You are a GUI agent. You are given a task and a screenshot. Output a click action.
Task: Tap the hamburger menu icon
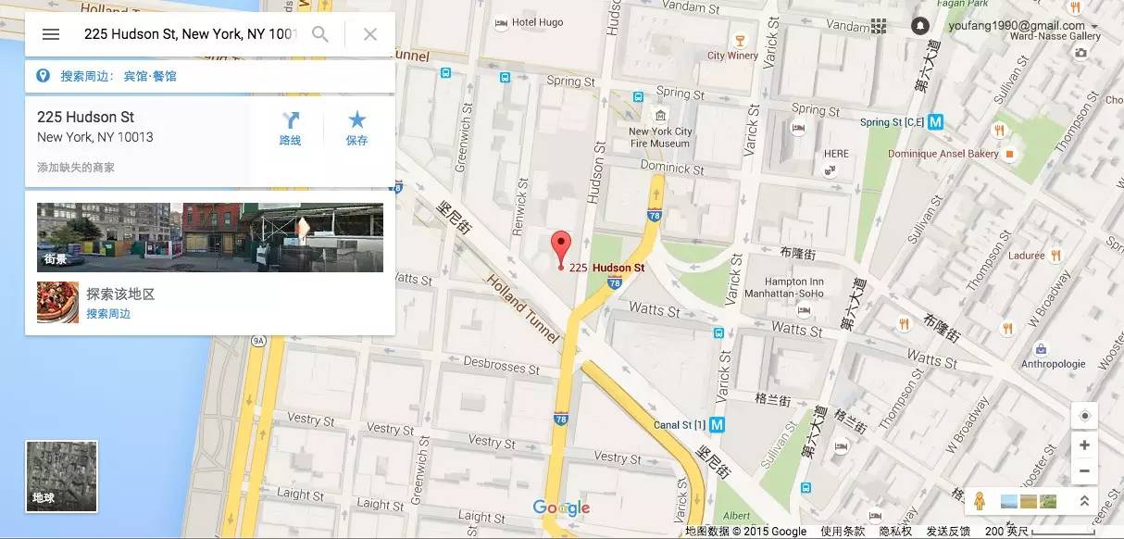click(x=51, y=34)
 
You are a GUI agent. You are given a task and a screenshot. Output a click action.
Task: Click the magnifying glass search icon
click(x=320, y=34)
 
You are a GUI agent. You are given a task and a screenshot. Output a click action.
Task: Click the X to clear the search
click(x=370, y=34)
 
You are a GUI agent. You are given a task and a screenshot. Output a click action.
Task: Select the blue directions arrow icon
click(x=291, y=120)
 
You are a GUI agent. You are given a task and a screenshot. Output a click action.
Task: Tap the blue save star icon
click(x=356, y=120)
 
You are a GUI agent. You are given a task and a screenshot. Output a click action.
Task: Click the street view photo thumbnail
click(x=209, y=237)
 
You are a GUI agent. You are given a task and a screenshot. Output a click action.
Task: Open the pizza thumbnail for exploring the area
click(x=57, y=302)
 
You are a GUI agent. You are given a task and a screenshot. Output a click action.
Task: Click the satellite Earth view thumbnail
click(x=62, y=476)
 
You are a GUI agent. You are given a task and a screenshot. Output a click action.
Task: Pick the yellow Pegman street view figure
click(x=980, y=500)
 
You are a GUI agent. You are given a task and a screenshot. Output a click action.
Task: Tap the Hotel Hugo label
click(x=537, y=22)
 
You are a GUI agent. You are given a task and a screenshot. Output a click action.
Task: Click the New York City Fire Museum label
click(x=660, y=137)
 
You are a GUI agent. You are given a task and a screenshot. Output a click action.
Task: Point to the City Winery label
click(x=732, y=56)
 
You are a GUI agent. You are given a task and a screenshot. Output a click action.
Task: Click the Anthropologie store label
click(x=1053, y=364)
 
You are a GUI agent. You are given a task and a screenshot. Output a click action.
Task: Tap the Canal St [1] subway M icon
click(x=717, y=425)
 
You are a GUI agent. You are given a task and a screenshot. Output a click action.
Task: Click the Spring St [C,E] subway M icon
click(x=936, y=121)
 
